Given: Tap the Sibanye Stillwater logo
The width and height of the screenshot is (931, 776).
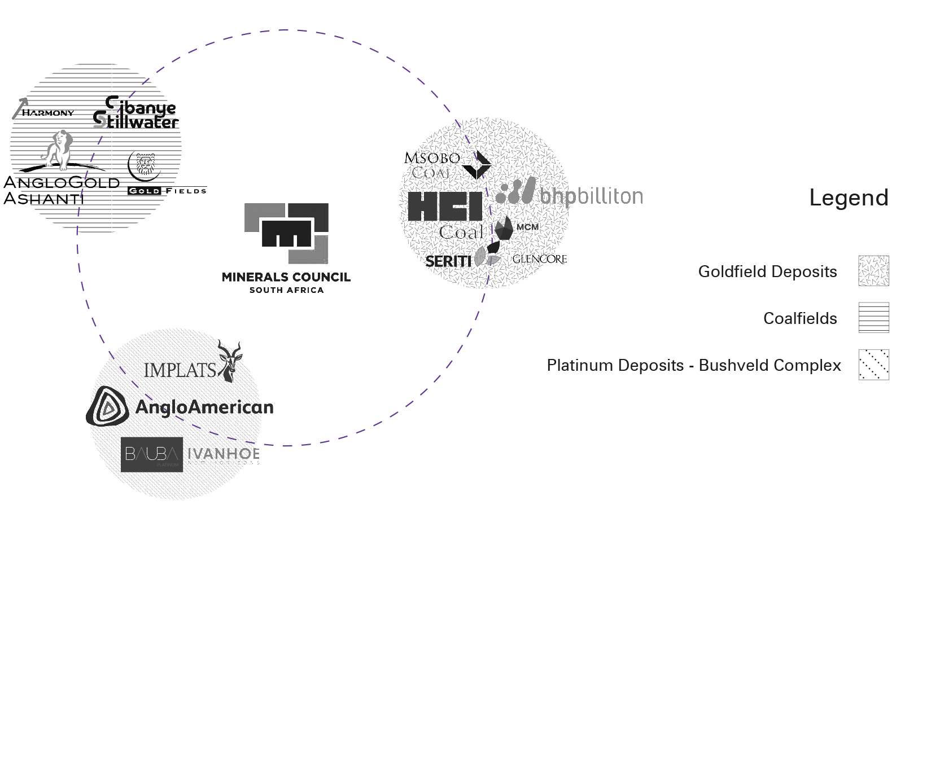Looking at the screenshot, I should (x=136, y=113).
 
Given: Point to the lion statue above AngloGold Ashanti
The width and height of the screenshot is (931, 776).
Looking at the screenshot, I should (x=58, y=150).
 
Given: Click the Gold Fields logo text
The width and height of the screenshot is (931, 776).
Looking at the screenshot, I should (x=167, y=191).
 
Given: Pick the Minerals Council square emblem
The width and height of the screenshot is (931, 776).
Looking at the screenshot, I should (x=286, y=233).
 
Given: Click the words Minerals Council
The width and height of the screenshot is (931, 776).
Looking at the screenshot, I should (x=286, y=277).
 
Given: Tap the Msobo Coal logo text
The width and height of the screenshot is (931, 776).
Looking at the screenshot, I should (x=432, y=165).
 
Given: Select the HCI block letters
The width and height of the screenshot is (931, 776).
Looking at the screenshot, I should (x=445, y=207).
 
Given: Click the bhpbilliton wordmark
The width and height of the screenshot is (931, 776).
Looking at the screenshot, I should (x=591, y=196).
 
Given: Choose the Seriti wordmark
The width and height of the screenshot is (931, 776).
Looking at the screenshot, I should (x=448, y=261).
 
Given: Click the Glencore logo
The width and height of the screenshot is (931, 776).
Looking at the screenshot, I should (x=539, y=259).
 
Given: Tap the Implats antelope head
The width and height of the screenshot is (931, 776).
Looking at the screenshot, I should (x=230, y=361).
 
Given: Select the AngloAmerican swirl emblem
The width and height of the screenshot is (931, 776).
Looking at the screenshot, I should (x=108, y=406).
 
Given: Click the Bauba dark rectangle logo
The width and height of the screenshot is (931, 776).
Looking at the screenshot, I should (x=152, y=454).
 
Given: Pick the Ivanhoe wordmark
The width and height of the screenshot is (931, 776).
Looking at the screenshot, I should (x=223, y=454).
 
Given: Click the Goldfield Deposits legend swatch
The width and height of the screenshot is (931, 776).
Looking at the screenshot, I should (x=873, y=271).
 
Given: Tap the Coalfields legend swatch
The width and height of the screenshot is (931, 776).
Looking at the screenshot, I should (x=873, y=318).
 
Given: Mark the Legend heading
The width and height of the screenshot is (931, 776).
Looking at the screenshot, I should (x=849, y=198).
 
